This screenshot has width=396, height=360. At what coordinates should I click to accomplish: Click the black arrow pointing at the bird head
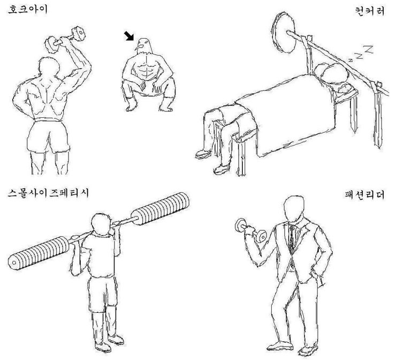point(129,36)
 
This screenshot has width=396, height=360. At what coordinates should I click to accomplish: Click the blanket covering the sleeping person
point(289,118)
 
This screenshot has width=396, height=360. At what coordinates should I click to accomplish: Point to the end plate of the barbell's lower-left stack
point(13,262)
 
